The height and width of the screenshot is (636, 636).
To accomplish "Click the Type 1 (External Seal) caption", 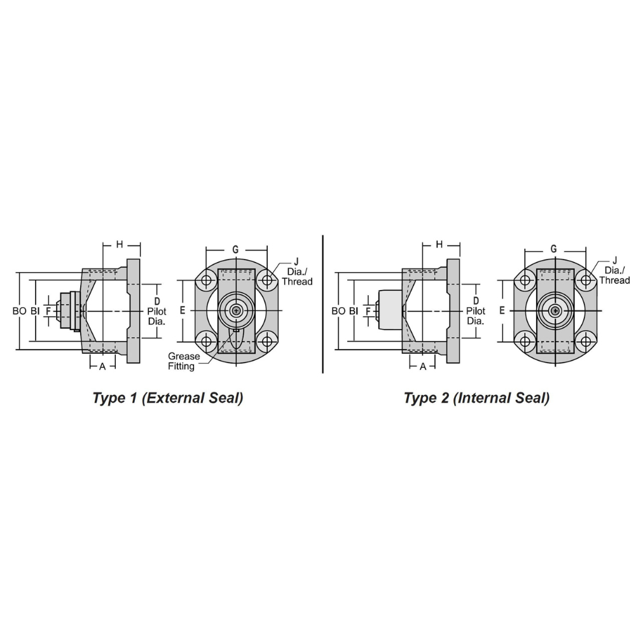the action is [168, 398].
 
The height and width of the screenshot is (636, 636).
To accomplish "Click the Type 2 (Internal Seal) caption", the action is [476, 398].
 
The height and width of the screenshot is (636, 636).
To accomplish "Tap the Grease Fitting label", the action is [184, 361].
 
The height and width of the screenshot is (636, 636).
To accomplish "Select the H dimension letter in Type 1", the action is [120, 244].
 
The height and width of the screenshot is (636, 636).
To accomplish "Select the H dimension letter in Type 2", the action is [439, 244].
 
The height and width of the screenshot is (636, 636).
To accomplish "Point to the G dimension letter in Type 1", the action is [235, 249].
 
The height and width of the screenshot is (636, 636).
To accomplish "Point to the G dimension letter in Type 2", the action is [554, 249].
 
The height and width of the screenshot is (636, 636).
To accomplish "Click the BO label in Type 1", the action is [20, 311].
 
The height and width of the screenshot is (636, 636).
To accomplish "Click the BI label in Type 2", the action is [354, 311].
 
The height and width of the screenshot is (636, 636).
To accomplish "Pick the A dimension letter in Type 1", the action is [102, 367].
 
